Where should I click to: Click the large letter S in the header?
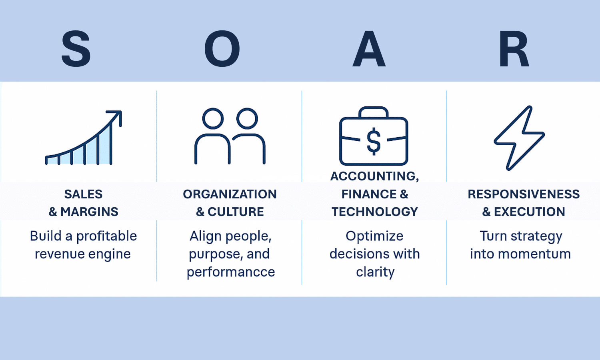click(76, 48)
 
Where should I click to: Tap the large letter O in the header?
click(222, 48)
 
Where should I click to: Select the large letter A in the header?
click(369, 48)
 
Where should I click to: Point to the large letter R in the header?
click(514, 48)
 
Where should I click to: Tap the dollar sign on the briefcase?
click(373, 141)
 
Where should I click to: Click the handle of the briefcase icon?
click(373, 112)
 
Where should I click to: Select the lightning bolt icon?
click(519, 138)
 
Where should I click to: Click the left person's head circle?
click(213, 118)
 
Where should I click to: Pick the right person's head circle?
click(247, 118)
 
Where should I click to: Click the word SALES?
click(83, 194)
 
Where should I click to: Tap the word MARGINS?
click(89, 212)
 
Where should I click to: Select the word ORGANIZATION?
click(230, 194)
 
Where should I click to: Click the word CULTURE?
click(236, 212)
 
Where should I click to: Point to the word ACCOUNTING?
click(373, 176)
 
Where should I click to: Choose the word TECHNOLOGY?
click(375, 212)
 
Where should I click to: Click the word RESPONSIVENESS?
click(524, 194)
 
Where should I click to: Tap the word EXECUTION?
click(530, 212)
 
